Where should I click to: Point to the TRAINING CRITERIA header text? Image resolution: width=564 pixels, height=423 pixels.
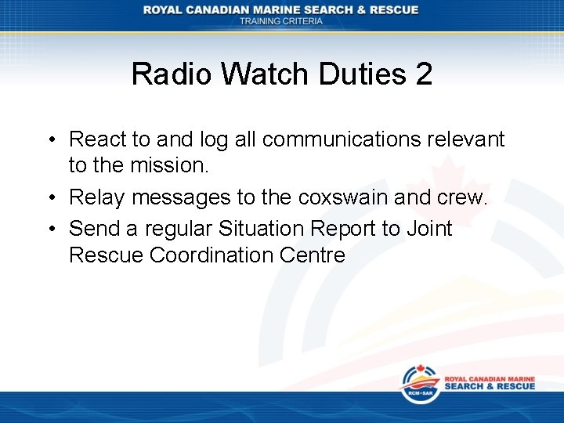280,21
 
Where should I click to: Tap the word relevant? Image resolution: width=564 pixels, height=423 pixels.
471,139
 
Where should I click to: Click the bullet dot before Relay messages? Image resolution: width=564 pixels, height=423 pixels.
50,198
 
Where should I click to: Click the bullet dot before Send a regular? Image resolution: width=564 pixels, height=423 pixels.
50,229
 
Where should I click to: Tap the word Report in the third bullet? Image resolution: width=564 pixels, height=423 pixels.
347,229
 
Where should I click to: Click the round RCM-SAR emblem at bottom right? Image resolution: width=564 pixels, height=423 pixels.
420,384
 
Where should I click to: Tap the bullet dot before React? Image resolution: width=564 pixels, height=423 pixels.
50,140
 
